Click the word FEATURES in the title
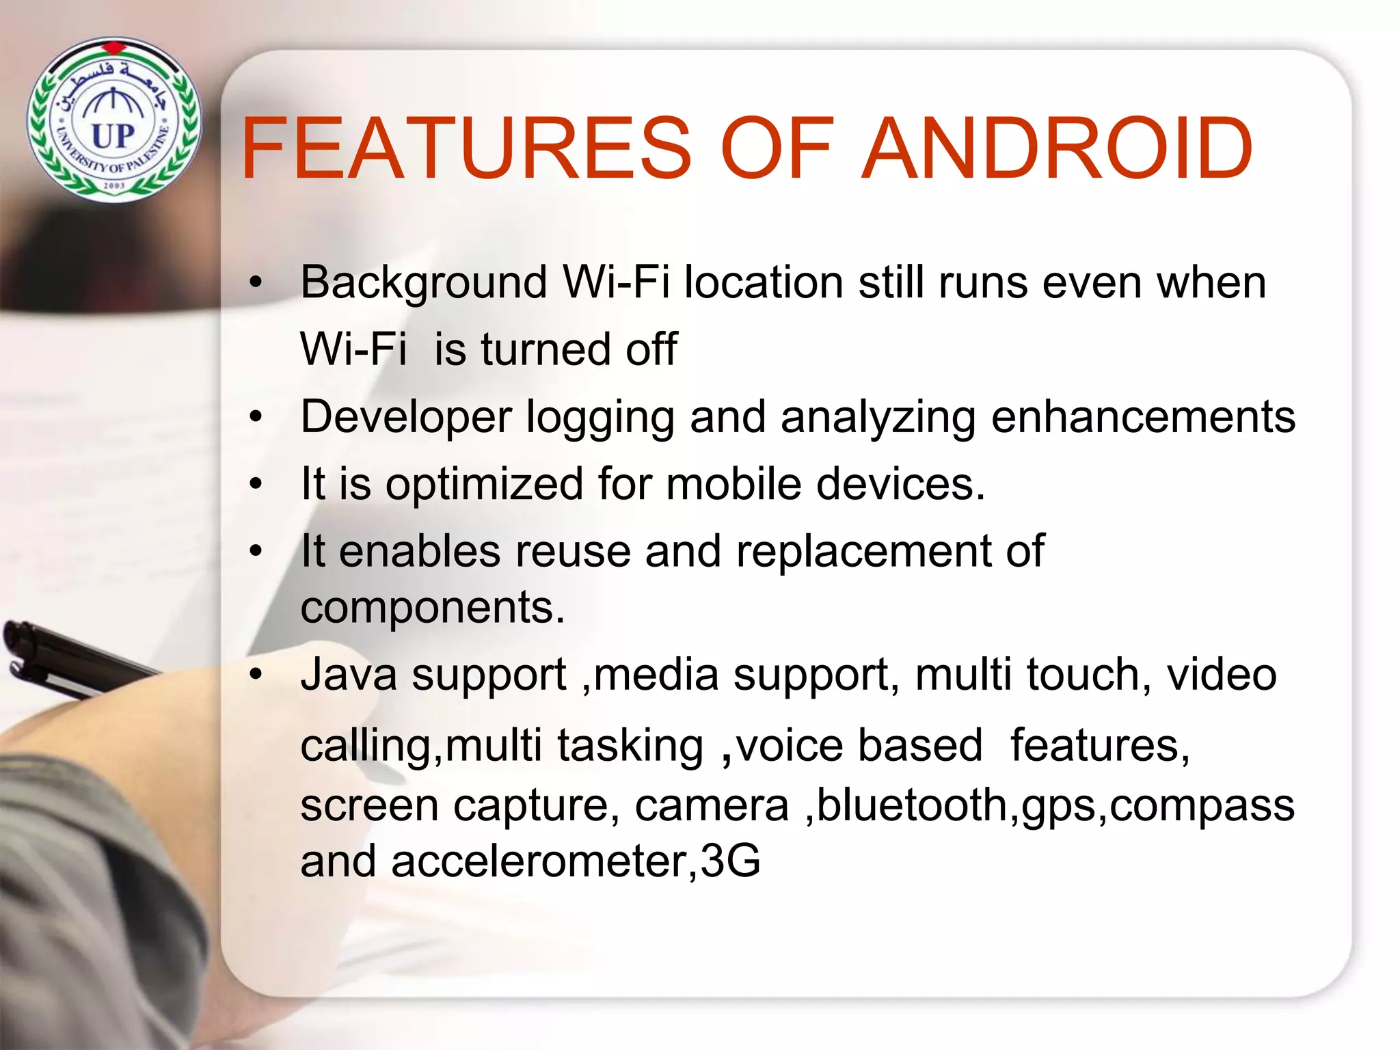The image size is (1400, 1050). tap(466, 148)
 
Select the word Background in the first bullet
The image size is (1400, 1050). tap(424, 282)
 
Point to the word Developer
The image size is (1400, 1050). tap(406, 417)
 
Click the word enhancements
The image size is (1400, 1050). tap(1143, 417)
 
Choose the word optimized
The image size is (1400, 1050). tap(484, 484)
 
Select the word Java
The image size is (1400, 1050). tap(349, 675)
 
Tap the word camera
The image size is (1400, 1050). tap(712, 805)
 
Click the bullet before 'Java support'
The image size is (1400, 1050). tap(256, 675)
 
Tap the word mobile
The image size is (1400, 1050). tap(733, 484)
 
